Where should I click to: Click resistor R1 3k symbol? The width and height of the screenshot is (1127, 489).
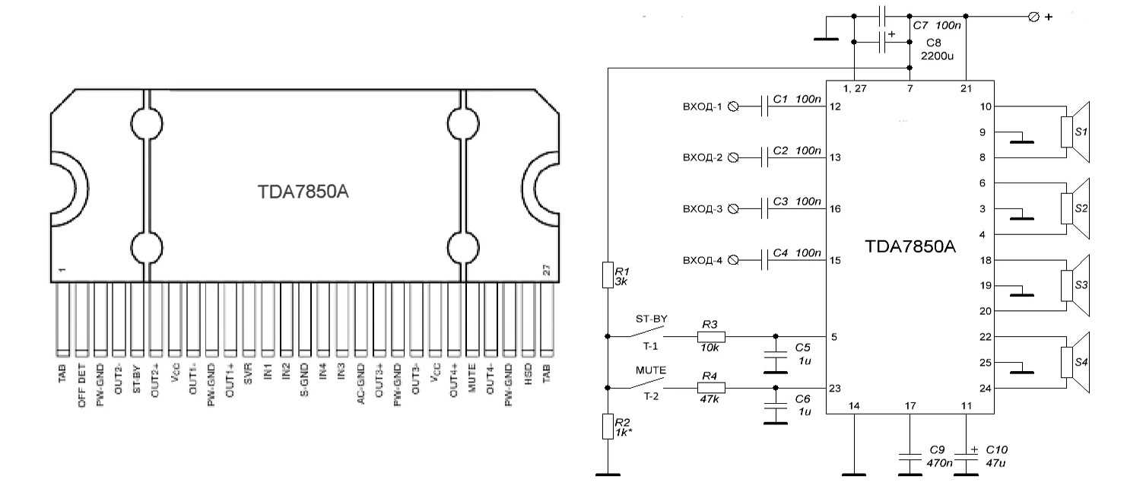607,275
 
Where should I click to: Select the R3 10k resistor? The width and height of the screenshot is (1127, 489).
710,336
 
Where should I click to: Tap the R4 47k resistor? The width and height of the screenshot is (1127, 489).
710,388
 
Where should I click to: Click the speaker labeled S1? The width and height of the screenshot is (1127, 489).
1075,132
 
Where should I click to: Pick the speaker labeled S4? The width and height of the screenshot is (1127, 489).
1075,363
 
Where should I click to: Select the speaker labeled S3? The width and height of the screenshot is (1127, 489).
1075,285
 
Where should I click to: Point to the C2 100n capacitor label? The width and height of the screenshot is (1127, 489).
796,151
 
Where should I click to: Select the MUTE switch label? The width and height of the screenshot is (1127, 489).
650,370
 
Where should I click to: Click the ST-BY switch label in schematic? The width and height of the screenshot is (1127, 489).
650,319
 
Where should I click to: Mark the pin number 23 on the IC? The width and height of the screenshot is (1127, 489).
835,389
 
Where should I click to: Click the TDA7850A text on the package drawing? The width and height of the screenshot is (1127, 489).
303,192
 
